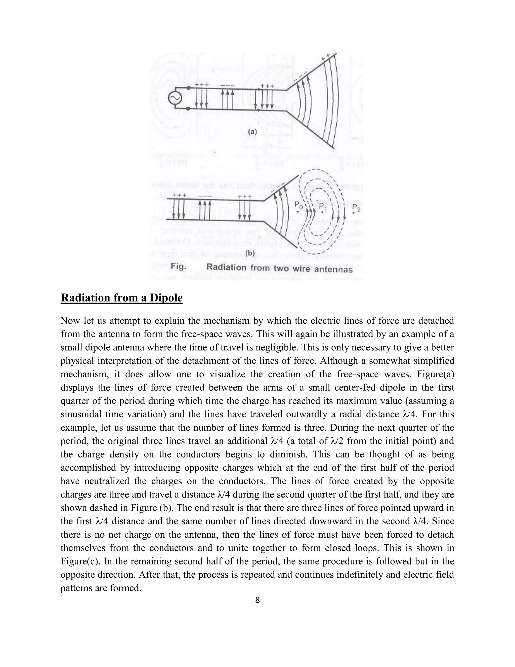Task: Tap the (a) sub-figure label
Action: (x=252, y=132)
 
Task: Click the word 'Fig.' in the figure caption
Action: (x=178, y=266)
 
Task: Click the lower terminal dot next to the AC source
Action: (x=189, y=108)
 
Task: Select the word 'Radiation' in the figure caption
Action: (x=226, y=267)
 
